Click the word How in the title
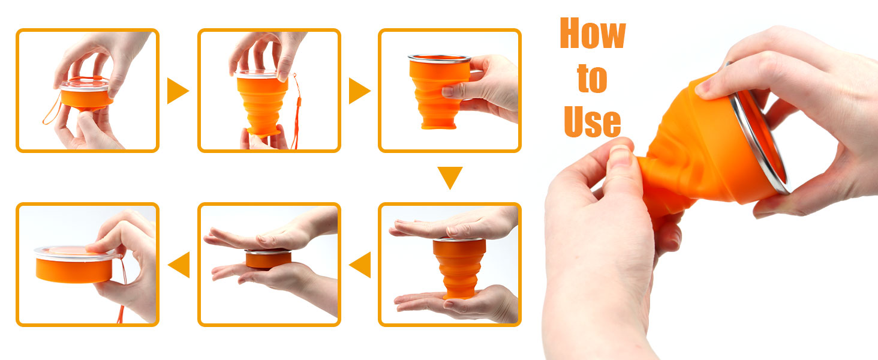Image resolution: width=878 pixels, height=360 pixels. [593, 34]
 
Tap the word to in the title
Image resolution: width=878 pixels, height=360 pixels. [593, 79]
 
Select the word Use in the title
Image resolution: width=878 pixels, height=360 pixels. [593, 122]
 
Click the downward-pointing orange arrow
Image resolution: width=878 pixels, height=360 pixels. [450, 178]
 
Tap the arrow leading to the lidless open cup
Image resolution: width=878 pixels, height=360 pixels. [359, 91]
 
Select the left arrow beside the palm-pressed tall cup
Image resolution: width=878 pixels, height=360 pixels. [360, 265]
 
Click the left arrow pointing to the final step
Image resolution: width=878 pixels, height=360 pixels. [179, 265]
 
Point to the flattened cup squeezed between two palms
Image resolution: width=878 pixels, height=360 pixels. [269, 259]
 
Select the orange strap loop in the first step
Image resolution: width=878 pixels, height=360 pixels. [53, 109]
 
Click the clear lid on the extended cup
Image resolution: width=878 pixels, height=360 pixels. [258, 74]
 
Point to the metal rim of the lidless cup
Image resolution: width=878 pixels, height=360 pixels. [440, 59]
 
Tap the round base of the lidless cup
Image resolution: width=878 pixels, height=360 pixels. [438, 125]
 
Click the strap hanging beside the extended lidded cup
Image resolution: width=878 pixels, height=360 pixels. [297, 110]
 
